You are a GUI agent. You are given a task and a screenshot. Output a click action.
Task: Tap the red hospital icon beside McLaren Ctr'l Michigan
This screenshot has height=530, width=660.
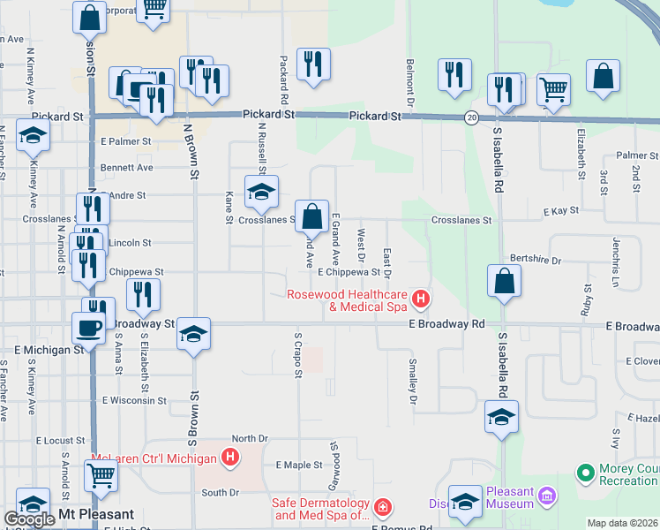tap(230, 458)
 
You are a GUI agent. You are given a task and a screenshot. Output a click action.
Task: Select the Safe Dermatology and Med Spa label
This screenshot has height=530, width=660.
tap(320, 509)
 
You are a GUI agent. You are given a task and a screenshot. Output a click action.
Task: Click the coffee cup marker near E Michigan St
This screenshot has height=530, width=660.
tap(88, 328)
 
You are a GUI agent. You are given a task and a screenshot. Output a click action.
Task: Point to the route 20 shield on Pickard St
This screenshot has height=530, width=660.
tap(472, 117)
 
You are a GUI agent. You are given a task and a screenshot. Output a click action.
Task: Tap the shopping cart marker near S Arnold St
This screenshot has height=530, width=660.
tap(101, 474)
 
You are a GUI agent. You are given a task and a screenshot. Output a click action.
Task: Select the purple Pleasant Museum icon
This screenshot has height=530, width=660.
tap(547, 496)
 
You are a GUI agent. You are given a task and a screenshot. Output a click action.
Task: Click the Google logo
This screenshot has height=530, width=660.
tap(29, 519)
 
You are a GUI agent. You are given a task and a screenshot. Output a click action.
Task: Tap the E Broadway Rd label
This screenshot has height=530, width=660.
tap(446, 324)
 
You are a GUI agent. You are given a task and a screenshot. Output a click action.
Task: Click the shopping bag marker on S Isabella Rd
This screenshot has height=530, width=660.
tap(503, 281)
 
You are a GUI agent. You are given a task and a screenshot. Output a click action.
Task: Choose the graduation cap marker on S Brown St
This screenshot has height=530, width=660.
tap(193, 333)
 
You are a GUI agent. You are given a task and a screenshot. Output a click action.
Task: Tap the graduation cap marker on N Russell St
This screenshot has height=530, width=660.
tap(261, 192)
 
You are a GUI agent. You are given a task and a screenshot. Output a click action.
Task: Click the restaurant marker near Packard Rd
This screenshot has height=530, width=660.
tap(313, 63)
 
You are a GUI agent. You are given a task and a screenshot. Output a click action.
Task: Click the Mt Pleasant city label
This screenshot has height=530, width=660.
tap(96, 514)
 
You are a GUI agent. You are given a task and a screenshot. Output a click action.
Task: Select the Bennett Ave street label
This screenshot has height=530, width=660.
tap(127, 167)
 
